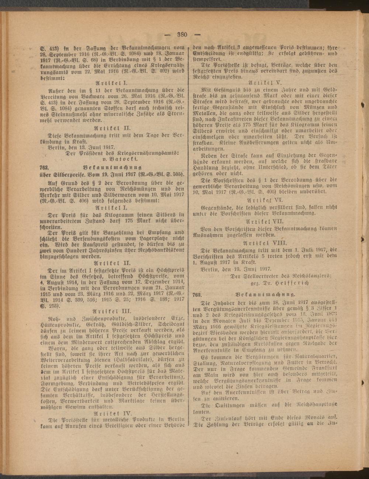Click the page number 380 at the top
[x=183, y=35]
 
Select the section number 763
[x=197, y=294]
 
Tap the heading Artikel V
[x=262, y=82]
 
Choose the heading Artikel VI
[x=262, y=199]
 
